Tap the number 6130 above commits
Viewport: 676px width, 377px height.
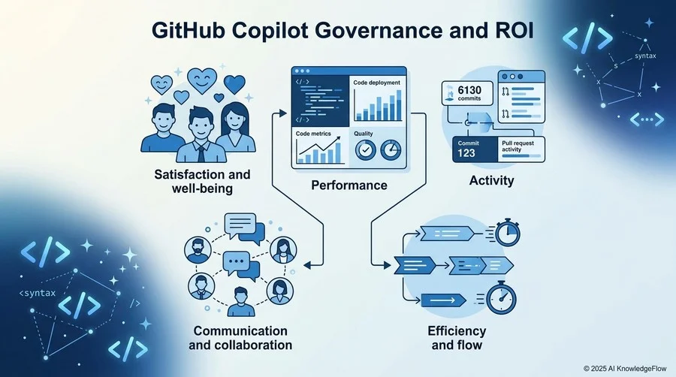click(x=469, y=90)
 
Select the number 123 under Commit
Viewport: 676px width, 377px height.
click(x=466, y=153)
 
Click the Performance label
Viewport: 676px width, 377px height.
click(x=349, y=185)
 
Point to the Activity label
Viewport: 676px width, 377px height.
click(x=491, y=180)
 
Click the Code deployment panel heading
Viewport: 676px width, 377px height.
click(x=377, y=83)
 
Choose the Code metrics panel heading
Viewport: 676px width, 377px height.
click(x=313, y=134)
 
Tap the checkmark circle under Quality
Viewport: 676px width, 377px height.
click(x=366, y=150)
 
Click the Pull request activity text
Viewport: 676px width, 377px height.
click(x=518, y=146)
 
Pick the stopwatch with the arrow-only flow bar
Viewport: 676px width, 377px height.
click(x=501, y=297)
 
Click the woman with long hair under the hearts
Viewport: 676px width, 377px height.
click(x=235, y=127)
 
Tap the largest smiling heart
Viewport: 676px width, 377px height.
click(x=202, y=80)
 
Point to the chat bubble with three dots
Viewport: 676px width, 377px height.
click(x=237, y=261)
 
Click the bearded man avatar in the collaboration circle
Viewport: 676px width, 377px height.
click(x=198, y=251)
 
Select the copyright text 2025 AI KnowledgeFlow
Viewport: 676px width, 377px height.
click(x=625, y=369)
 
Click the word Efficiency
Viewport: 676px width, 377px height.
click(x=457, y=331)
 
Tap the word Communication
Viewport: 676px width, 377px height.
click(x=240, y=331)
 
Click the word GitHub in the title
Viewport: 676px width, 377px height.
click(x=188, y=31)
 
